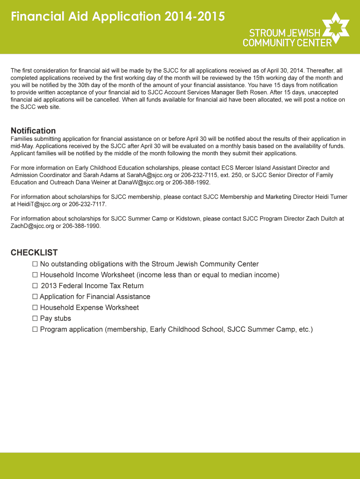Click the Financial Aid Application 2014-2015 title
click(118, 17)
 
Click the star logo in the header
click(336, 28)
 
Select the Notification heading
click(33, 131)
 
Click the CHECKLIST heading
click(34, 253)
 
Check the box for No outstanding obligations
click(35, 264)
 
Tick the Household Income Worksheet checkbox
click(35, 275)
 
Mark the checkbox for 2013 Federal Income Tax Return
click(35, 286)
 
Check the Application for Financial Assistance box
click(35, 297)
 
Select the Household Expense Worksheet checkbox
click(35, 308)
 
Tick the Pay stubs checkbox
click(35, 319)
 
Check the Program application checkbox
click(35, 329)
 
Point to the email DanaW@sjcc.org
click(141, 182)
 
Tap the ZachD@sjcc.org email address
click(32, 226)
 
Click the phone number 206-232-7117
click(87, 204)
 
